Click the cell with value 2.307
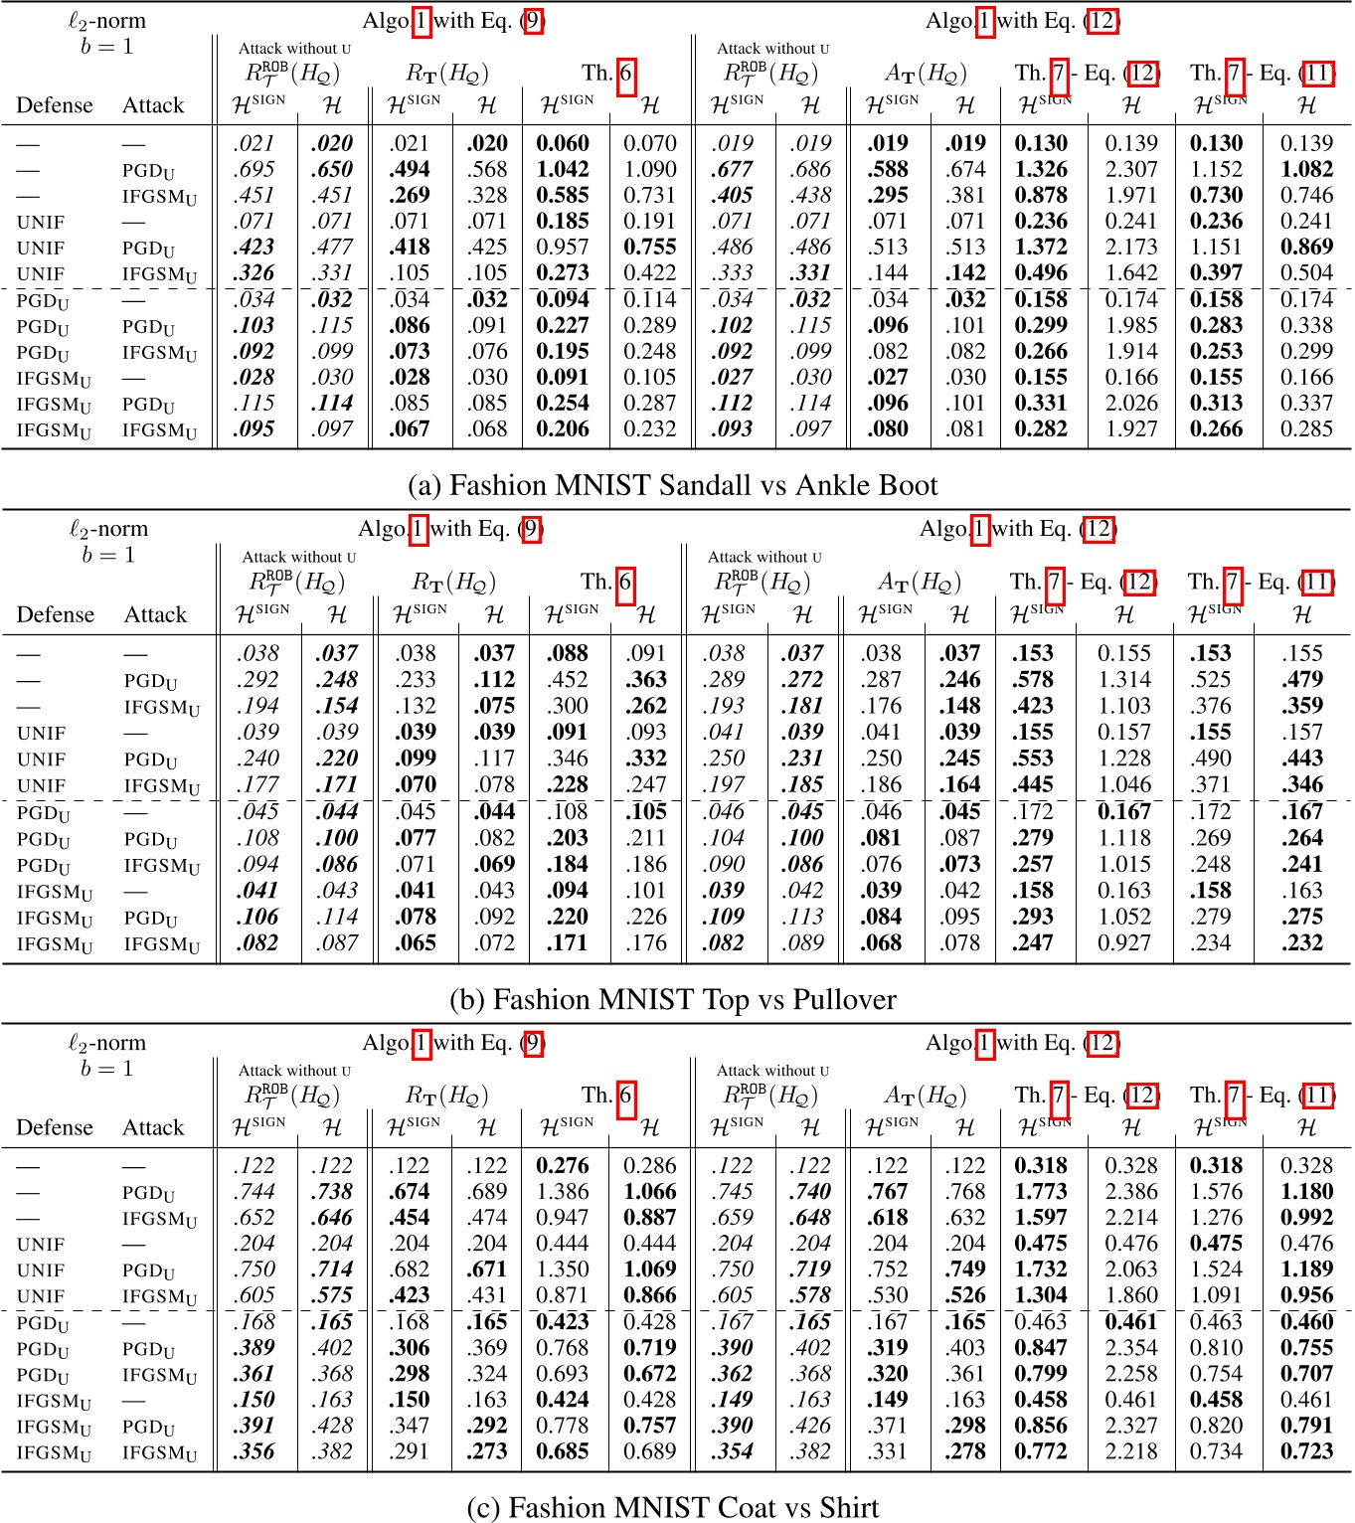1131,169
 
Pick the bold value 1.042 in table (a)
563,169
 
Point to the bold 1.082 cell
1306,169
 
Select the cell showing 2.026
1131,403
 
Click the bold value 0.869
1306,247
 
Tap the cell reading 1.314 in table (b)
1124,680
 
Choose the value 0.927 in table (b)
1124,942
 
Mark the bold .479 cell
1302,680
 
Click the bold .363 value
646,680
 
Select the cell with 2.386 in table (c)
1131,1191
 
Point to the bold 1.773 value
1041,1191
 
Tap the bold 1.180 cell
1306,1191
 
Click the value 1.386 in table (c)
563,1191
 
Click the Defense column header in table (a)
55,105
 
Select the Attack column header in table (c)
153,1127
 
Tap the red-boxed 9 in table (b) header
532,529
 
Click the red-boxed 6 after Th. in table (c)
625,1096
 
